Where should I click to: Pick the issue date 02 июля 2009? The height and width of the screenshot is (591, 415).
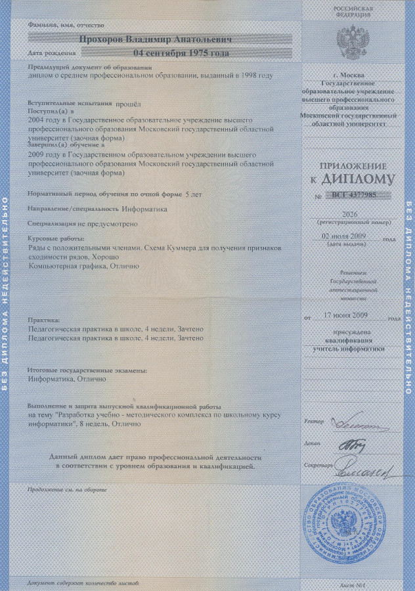tap(347, 236)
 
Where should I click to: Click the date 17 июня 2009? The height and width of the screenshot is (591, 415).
tap(348, 315)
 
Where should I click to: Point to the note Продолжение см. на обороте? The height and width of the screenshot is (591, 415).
tap(68, 489)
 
